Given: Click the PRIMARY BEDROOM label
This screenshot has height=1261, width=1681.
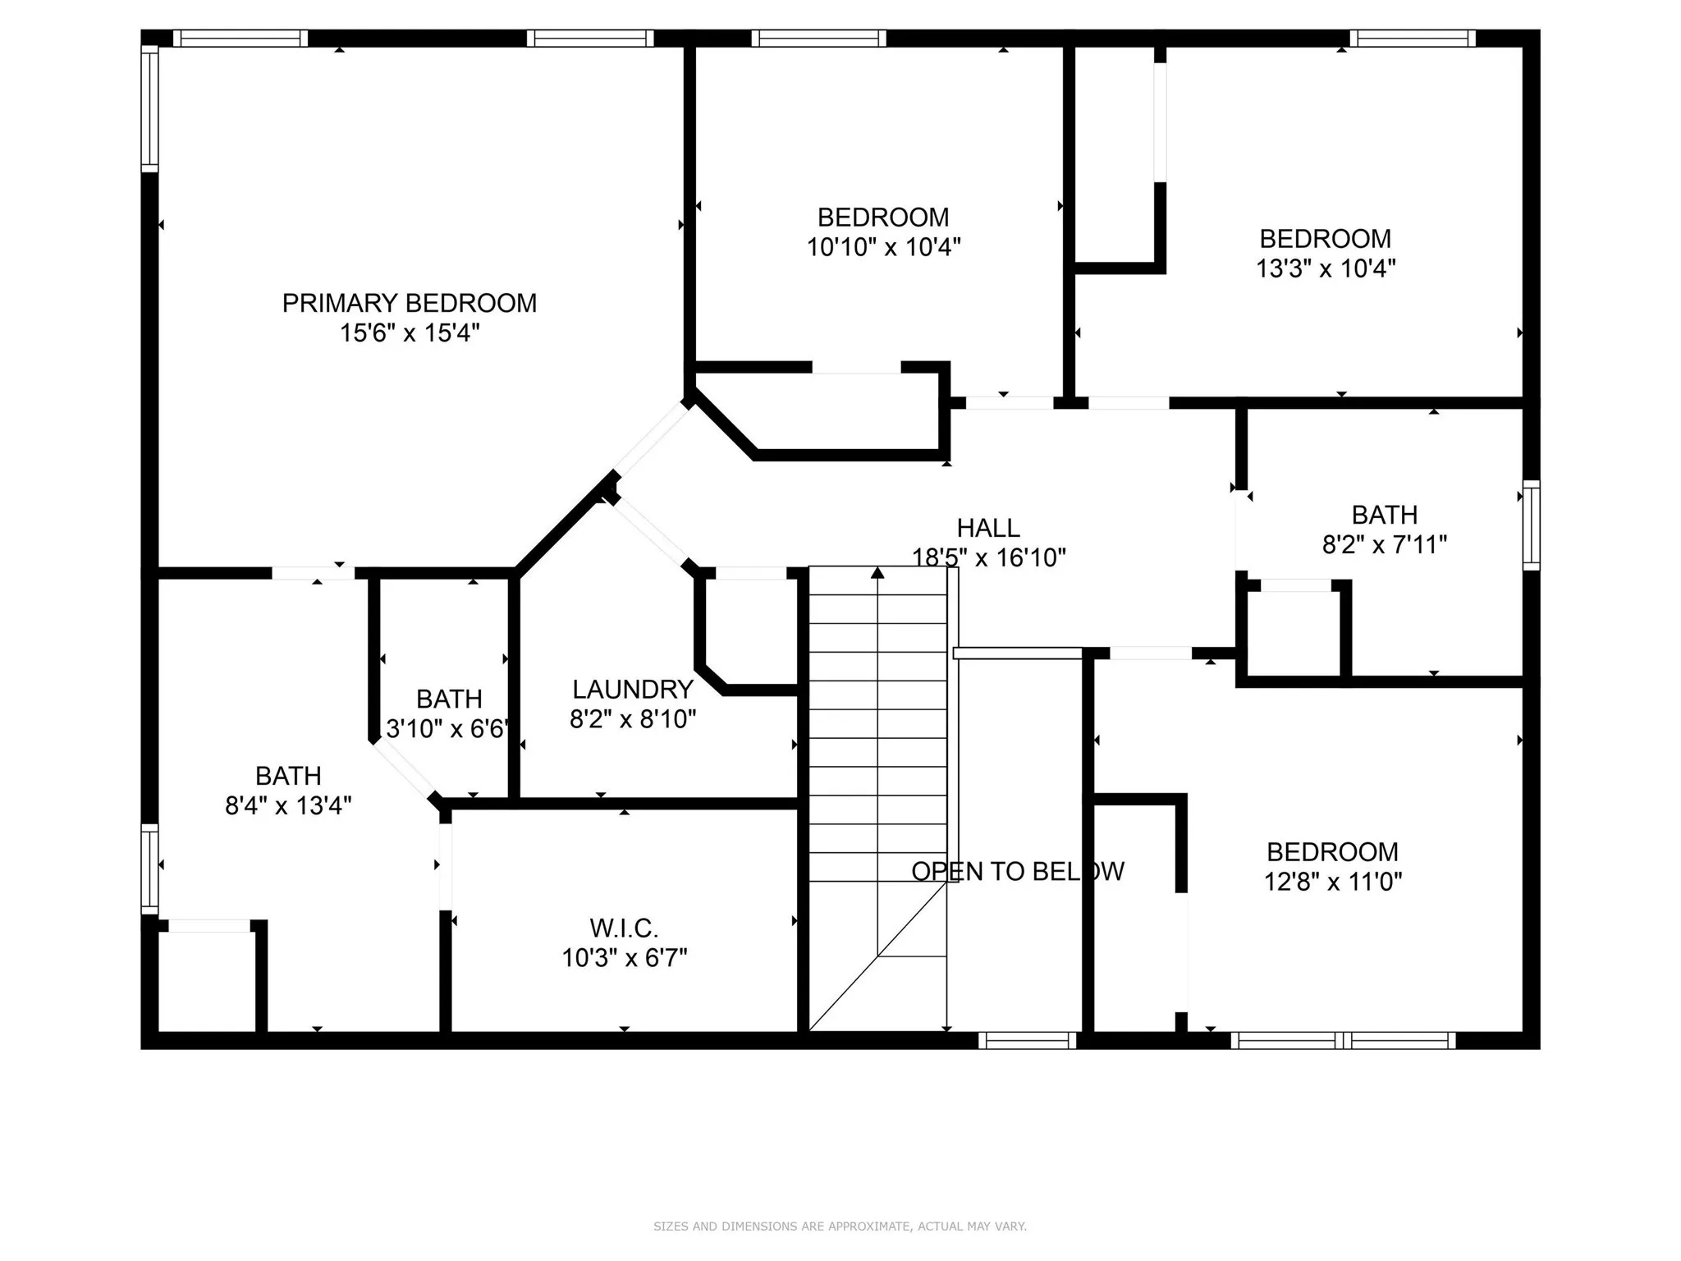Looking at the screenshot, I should (409, 303).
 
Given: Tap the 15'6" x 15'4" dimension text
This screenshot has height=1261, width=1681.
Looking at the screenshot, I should (409, 333).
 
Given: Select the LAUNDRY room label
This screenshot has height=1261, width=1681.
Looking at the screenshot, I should (632, 689).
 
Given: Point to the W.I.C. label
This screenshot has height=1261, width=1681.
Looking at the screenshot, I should (624, 929).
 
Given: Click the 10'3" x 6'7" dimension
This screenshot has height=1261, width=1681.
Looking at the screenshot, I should (624, 958).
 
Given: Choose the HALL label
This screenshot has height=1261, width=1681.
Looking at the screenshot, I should (988, 528).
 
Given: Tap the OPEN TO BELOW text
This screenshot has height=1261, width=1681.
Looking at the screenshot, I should (1017, 871).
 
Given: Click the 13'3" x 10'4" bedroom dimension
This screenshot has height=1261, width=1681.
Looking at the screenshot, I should (1325, 268).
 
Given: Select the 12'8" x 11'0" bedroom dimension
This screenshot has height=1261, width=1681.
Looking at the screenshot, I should (1332, 882).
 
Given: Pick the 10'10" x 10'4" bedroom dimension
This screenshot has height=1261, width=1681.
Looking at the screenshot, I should (883, 247).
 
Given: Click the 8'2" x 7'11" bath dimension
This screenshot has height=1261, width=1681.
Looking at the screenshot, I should (1384, 544).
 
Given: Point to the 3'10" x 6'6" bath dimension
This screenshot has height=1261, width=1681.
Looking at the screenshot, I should (448, 728).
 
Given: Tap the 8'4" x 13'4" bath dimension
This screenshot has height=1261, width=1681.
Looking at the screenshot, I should (288, 805).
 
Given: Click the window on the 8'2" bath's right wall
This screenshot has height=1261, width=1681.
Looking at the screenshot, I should (1531, 525).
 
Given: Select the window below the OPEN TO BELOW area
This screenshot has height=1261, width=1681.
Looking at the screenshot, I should (1027, 1041).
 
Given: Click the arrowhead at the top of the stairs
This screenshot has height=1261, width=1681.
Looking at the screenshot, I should (877, 572).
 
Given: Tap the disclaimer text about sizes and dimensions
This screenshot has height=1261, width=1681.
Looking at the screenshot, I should (840, 1227).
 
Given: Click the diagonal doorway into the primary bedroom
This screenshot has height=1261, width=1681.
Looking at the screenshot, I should (652, 439).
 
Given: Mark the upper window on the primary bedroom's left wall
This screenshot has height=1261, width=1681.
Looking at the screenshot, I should (149, 108).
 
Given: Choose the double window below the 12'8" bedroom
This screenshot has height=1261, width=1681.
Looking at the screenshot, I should (1343, 1041).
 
